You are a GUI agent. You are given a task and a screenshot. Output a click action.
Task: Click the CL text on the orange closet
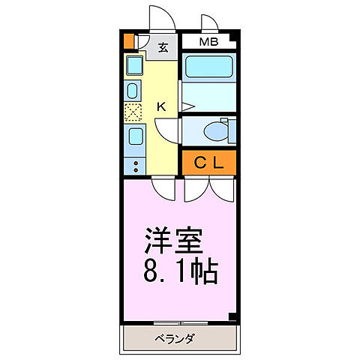(208, 161)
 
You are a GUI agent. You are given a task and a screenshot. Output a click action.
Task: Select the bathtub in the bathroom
(208, 68)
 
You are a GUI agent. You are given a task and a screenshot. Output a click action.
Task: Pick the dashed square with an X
(133, 113)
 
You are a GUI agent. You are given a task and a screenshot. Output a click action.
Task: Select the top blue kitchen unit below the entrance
(133, 66)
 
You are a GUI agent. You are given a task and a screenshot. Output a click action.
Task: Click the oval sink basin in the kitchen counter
(133, 91)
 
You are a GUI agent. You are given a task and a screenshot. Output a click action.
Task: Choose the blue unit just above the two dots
(134, 138)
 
